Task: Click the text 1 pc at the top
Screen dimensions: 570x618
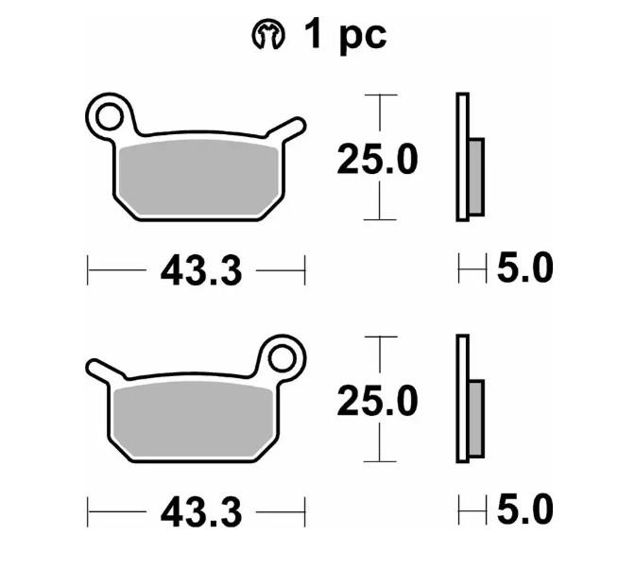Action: [x=344, y=36]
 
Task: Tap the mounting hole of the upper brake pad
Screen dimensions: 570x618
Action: [x=109, y=116]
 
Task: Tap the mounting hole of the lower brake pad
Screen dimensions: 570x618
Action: [x=282, y=357]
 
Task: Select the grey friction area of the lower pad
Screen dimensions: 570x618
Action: [x=195, y=419]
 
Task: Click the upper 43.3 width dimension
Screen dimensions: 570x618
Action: [x=200, y=272]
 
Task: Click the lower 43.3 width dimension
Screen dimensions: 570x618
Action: [x=200, y=512]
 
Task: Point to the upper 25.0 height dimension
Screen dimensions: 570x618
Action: [x=378, y=160]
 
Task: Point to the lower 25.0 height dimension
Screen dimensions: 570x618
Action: [x=378, y=402]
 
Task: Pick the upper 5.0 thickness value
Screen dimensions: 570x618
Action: [x=524, y=269]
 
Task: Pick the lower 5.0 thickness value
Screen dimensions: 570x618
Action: [x=524, y=510]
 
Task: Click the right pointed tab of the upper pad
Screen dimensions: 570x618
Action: [x=293, y=128]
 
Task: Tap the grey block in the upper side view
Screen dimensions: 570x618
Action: [x=476, y=176]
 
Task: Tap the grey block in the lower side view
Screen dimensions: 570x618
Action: [x=476, y=419]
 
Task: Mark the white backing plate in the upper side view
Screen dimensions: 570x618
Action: [x=462, y=157]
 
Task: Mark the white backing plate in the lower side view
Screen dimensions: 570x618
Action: [x=462, y=399]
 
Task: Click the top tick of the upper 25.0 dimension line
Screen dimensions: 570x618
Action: [x=379, y=95]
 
